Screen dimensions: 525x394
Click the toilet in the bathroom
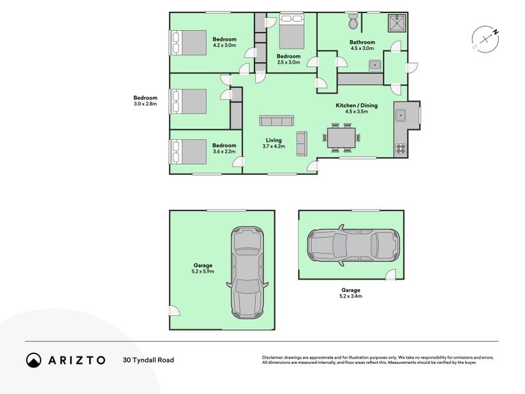point(353,22)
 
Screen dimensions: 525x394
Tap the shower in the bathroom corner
point(397,23)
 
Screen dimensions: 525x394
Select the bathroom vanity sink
point(375,66)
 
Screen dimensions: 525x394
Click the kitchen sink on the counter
point(400,116)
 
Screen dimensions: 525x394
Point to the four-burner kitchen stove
point(401,148)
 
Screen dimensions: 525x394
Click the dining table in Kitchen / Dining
point(341,138)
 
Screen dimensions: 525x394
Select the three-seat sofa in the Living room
point(276,121)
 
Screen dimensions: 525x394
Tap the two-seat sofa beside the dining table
point(302,143)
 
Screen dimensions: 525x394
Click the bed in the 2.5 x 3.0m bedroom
point(291,32)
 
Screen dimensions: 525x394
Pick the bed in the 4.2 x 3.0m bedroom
point(188,43)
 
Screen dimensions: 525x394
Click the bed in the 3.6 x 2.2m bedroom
point(188,152)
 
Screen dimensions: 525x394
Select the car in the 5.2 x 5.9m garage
point(247,273)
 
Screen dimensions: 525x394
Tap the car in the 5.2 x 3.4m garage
point(354,245)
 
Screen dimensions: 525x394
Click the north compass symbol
point(486,39)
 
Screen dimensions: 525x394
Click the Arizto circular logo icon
point(34,360)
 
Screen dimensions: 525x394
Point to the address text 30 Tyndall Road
point(148,360)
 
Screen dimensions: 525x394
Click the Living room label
point(274,141)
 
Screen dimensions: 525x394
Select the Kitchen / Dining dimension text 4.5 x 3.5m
point(356,112)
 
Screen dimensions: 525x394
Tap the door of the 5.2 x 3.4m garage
point(390,274)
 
